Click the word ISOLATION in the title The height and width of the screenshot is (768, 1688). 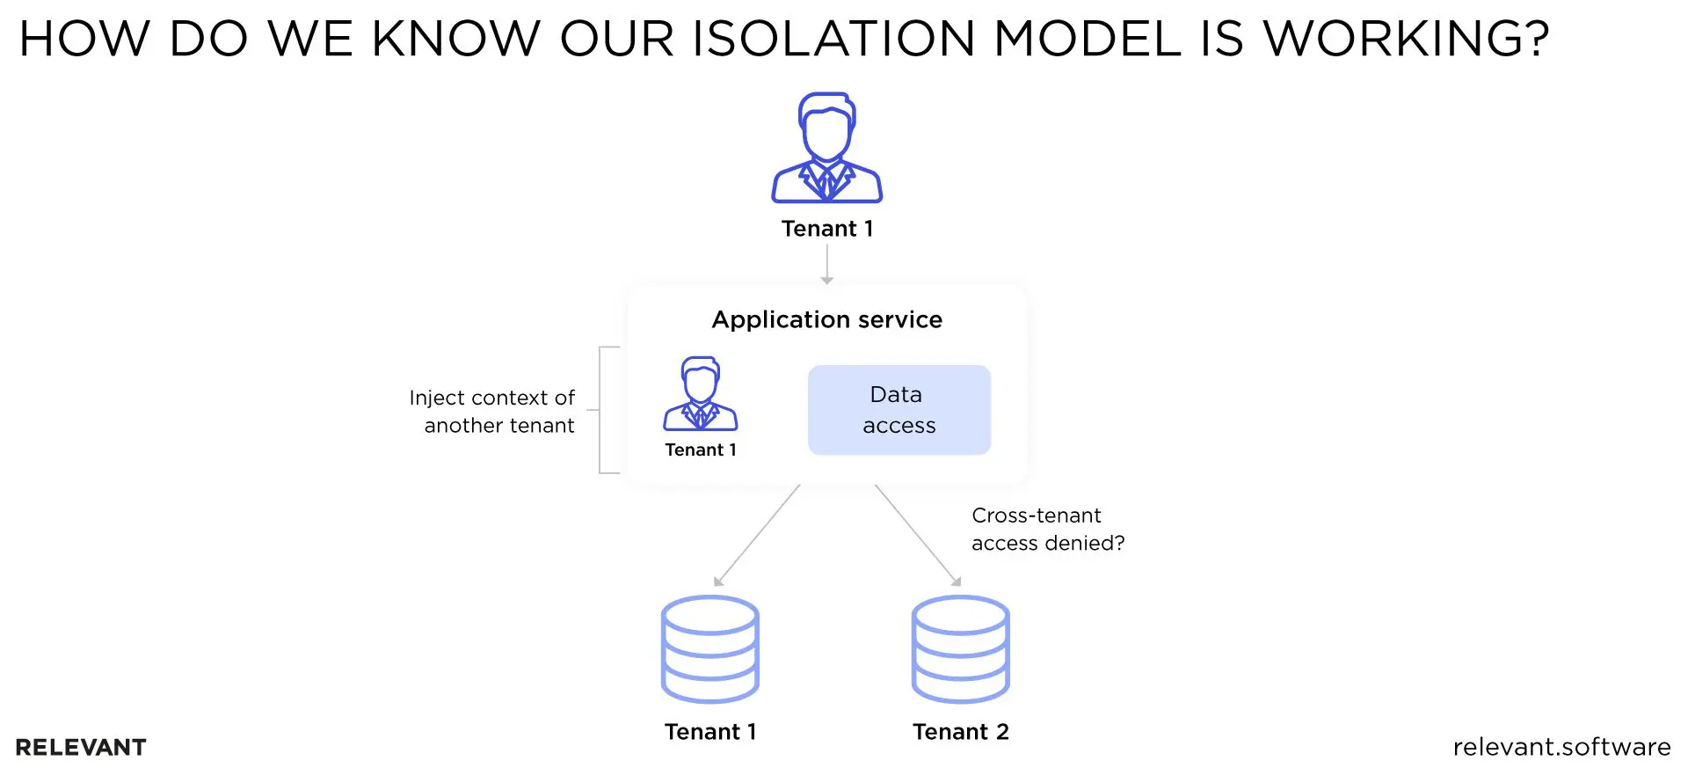coord(833,39)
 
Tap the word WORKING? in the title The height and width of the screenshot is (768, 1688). coord(1406,39)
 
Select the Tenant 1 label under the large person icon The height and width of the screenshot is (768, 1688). coord(827,229)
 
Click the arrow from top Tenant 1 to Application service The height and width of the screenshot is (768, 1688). coord(826,264)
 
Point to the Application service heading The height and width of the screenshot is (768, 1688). coord(826,319)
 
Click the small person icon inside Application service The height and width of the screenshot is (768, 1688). coord(701,393)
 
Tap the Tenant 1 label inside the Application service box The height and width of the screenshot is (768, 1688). coord(701,450)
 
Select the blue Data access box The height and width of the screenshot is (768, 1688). coord(899,410)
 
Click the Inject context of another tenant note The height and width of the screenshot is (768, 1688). coord(492,411)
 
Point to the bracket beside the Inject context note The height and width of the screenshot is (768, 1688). coord(605,410)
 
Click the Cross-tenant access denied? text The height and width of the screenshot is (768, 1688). coord(1047,529)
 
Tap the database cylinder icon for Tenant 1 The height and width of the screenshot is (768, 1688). coord(709,649)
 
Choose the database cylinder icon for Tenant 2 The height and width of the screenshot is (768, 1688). coord(960,649)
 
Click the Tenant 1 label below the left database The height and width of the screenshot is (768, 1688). coord(710,732)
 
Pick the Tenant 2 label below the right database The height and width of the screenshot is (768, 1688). coord(960,732)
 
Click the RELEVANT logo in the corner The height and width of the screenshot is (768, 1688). coord(81,747)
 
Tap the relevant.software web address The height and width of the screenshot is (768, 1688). coord(1561,747)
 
